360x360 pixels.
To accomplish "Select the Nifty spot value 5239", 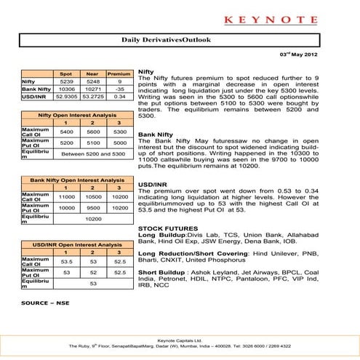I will point(65,83).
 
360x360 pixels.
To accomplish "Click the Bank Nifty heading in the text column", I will point(155,135).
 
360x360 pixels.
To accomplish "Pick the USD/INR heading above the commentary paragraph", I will point(153,184).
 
